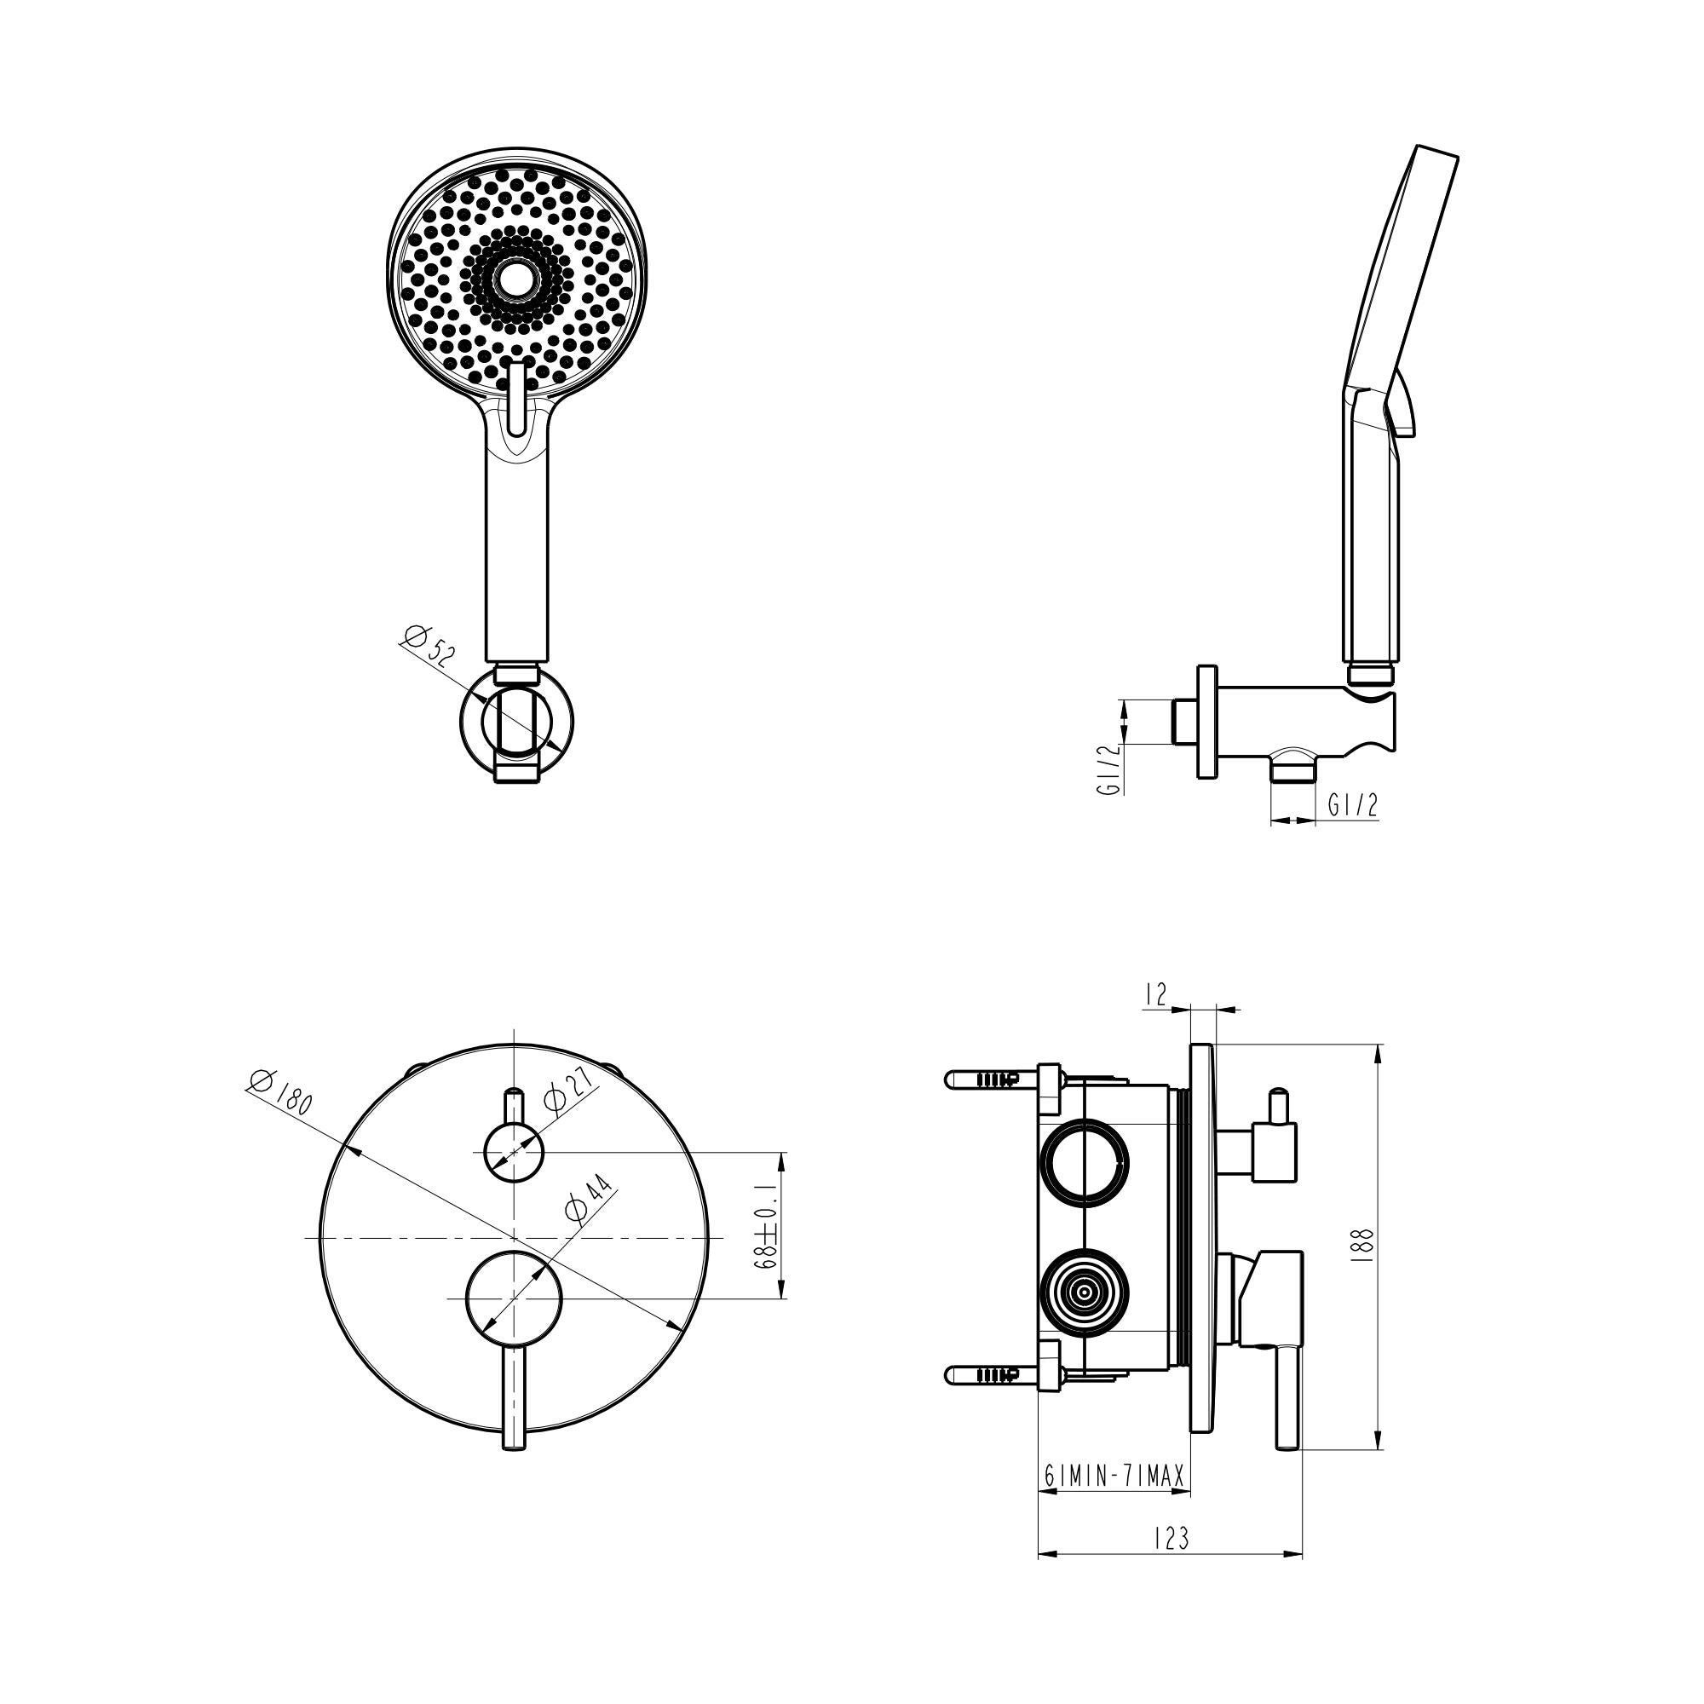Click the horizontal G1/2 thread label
tap(1351, 804)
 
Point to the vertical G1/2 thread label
tap(1108, 769)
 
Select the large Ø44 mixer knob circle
tap(513, 1298)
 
